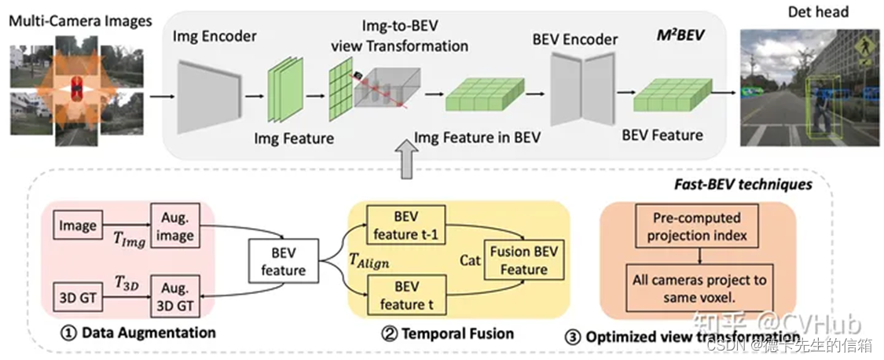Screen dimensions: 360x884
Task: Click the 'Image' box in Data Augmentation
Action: (78, 226)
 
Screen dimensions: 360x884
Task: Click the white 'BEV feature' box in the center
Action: (284, 262)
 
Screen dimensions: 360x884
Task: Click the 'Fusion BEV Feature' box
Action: (519, 260)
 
